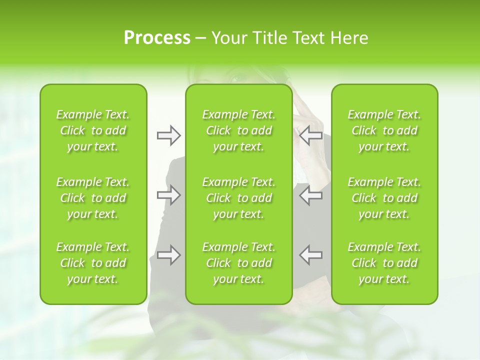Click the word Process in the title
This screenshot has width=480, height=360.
(157, 38)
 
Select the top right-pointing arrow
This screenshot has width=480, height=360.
(169, 135)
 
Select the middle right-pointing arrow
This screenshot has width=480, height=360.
(169, 195)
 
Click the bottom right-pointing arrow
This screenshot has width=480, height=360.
(169, 255)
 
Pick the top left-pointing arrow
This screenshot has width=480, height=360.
(310, 135)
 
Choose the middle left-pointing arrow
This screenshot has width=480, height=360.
(310, 195)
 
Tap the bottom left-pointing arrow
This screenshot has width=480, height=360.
(310, 255)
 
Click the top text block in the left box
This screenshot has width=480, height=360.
(93, 130)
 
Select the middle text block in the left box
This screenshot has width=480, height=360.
(93, 198)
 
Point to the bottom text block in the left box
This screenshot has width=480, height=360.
(93, 263)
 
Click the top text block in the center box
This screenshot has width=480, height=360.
(238, 130)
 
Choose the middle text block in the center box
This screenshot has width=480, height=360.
(238, 198)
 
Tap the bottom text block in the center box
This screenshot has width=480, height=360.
(238, 263)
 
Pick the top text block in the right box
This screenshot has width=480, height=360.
(384, 130)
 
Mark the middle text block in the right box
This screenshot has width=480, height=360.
(384, 198)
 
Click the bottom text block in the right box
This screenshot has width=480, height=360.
(384, 263)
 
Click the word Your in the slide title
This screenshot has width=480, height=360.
(228, 38)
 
